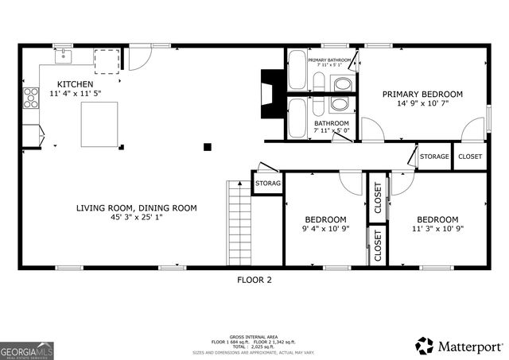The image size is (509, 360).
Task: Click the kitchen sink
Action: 61,56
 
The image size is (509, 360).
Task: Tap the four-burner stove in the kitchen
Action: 31,98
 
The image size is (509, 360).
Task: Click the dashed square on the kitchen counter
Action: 107,60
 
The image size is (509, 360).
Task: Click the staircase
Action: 239,223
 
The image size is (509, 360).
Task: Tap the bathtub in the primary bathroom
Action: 296,71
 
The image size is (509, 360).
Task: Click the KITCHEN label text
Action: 75,84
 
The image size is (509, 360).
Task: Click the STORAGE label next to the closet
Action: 434,157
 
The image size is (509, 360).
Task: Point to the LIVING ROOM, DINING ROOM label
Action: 136,208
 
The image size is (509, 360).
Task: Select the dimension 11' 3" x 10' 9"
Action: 437,230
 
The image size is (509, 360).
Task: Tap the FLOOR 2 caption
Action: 254,280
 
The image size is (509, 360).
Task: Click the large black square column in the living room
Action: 207,145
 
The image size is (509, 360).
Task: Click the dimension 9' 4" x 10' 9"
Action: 325,230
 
